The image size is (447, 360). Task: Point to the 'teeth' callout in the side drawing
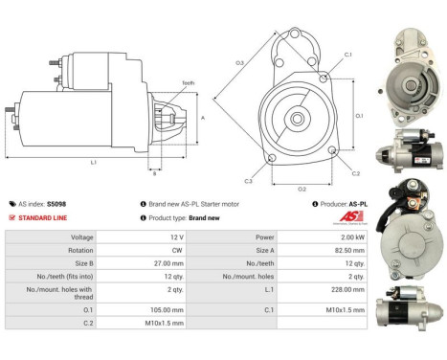188,83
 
